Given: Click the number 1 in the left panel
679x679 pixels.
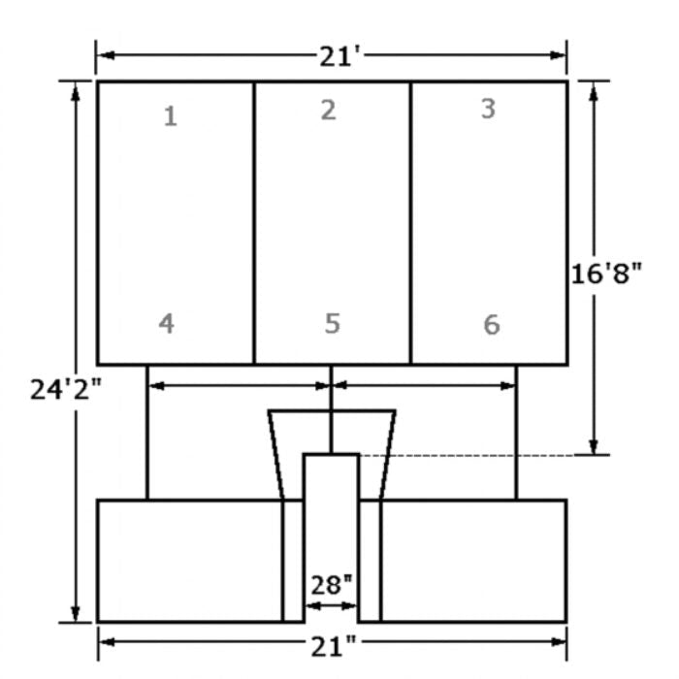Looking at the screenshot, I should [171, 117].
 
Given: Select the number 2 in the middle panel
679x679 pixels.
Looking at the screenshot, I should [328, 110].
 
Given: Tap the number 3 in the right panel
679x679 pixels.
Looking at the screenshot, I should [488, 109].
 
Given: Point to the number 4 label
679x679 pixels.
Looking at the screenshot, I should [167, 323].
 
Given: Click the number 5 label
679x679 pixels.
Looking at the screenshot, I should [332, 323].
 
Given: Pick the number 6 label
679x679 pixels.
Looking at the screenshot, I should [492, 324].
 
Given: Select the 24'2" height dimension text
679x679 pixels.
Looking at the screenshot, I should [65, 389].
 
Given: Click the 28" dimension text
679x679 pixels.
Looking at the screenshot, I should [332, 585].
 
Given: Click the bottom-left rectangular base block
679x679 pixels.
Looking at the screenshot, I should [189, 560].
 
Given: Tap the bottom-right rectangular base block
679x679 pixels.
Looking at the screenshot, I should [473, 560].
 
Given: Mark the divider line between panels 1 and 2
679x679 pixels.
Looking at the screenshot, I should [254, 223].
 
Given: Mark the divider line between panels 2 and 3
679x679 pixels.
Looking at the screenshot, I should [411, 223].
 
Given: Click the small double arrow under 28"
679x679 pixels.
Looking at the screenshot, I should [332, 606].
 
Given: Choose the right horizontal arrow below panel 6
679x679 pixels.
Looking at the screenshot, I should [424, 385].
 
